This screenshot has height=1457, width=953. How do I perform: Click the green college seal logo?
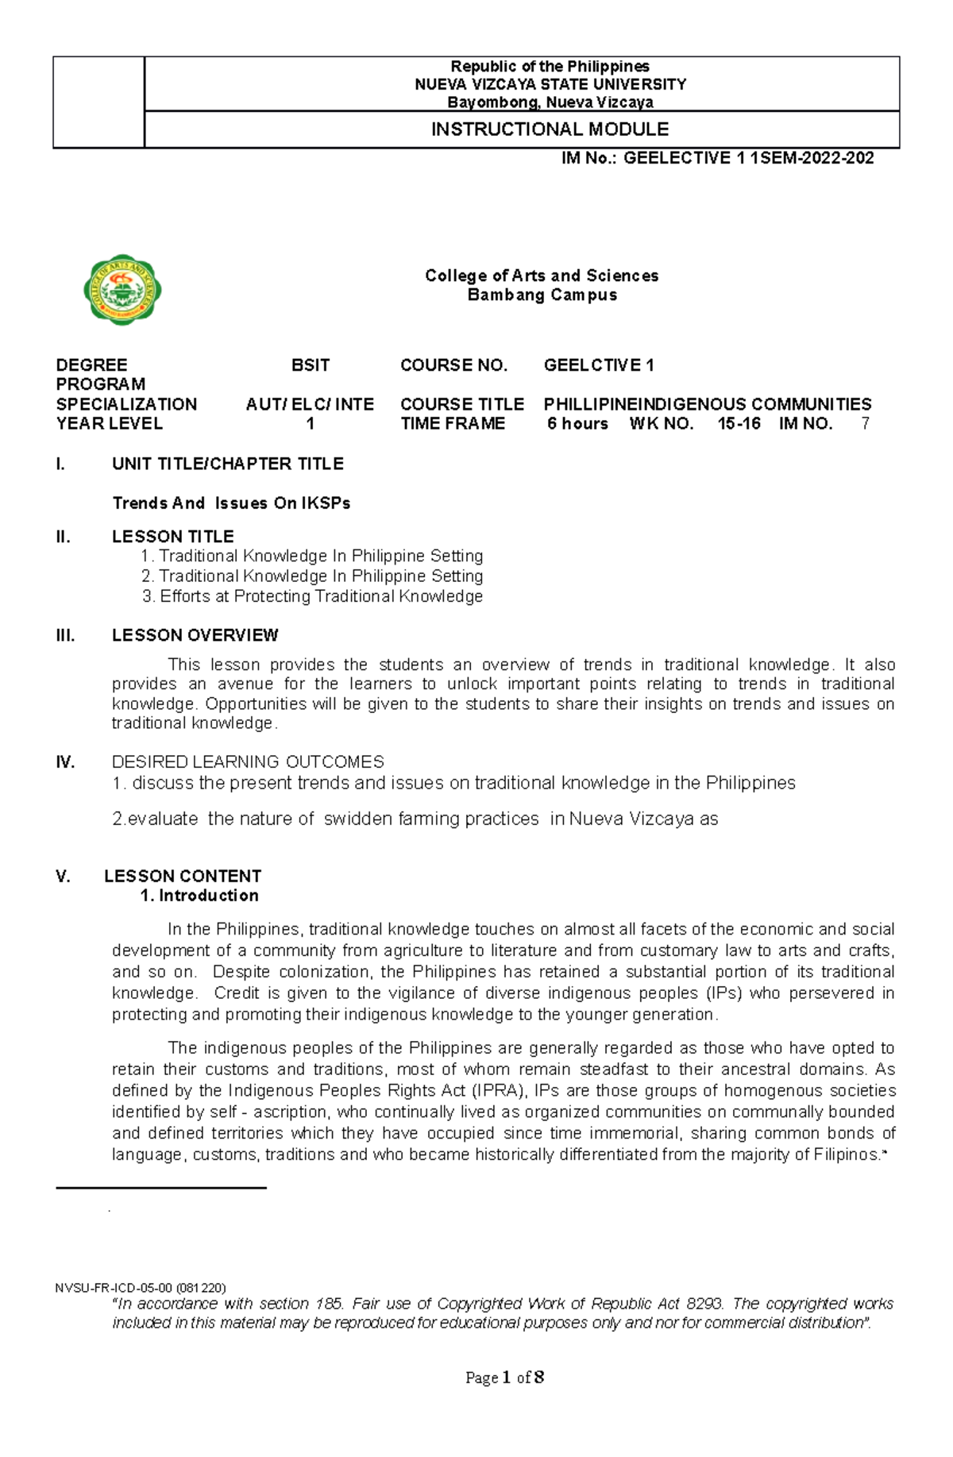[x=122, y=291]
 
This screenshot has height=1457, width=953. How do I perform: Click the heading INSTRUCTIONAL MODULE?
[x=550, y=129]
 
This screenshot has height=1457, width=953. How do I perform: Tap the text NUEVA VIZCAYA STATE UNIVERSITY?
[x=550, y=84]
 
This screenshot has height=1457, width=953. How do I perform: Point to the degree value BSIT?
[x=311, y=365]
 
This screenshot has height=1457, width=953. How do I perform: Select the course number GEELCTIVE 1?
[x=599, y=365]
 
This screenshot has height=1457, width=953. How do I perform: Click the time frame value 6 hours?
[x=577, y=424]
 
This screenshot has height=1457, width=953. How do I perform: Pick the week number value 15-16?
[x=739, y=424]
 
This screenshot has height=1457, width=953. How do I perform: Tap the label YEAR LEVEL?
[x=110, y=424]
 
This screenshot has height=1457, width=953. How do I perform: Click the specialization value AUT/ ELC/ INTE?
[x=311, y=404]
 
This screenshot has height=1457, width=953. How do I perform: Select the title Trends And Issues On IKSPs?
[x=231, y=503]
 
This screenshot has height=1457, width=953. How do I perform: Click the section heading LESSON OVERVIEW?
[x=195, y=635]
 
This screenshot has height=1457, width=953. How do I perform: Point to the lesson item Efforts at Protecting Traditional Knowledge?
[x=321, y=596]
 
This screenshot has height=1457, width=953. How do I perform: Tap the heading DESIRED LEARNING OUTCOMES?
[x=248, y=762]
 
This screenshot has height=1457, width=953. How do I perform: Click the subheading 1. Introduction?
[x=199, y=896]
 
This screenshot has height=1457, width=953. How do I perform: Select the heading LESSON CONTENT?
[x=183, y=877]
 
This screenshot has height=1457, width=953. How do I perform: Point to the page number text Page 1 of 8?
[x=504, y=1378]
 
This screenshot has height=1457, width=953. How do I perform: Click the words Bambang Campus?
[x=542, y=295]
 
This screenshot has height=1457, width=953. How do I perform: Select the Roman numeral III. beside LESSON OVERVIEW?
[x=65, y=635]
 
